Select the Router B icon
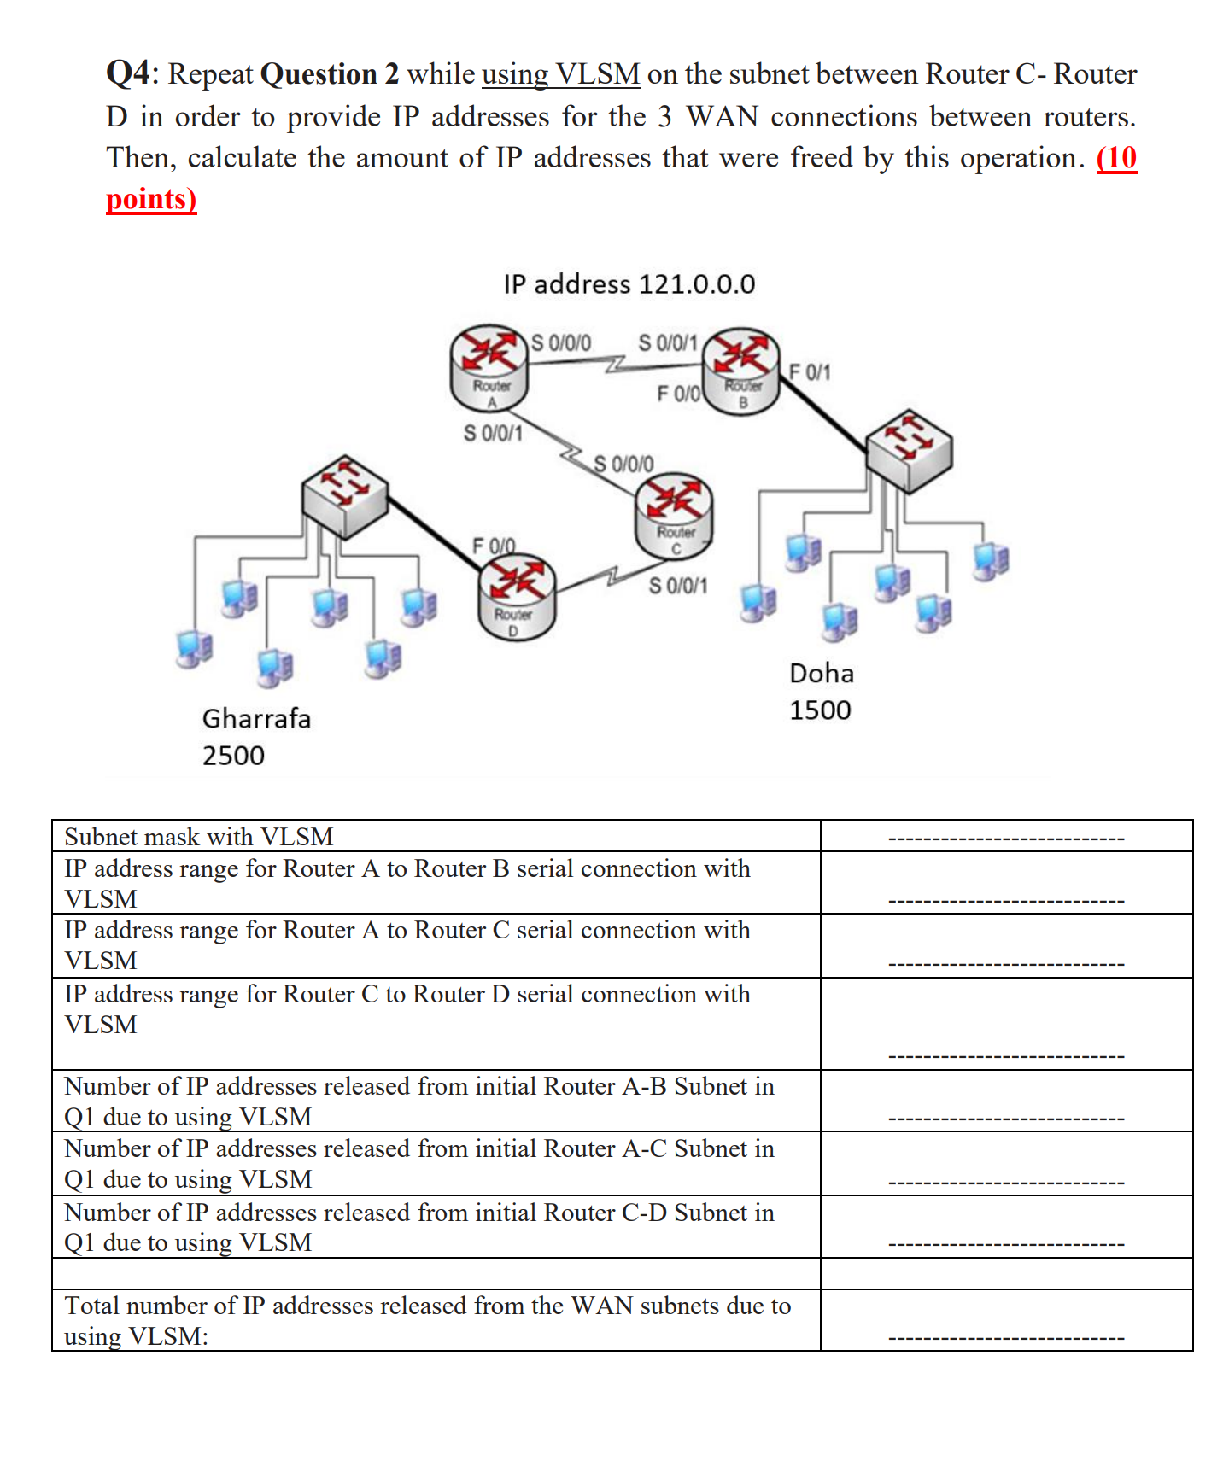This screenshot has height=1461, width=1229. [740, 369]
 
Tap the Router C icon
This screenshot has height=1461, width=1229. [674, 515]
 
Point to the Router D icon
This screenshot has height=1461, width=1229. [517, 597]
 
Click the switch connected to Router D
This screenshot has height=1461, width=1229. [345, 495]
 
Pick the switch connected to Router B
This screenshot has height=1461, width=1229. [909, 450]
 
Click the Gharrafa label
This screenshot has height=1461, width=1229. [256, 718]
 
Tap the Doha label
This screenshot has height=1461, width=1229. [821, 673]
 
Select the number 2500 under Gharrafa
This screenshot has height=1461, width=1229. [233, 755]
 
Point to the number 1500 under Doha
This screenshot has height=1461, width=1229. [820, 710]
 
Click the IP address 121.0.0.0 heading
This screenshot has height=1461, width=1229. [629, 283]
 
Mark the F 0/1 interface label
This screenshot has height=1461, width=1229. [809, 371]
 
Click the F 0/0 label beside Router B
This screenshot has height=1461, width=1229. [678, 394]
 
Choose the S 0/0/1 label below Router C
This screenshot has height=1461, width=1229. [678, 586]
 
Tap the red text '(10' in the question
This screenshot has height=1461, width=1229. [1116, 158]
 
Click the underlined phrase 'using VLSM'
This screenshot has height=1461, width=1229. [561, 74]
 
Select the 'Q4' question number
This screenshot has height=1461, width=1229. [128, 73]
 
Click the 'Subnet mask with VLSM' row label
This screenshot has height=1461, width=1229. [199, 837]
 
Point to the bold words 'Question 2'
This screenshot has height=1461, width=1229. [329, 74]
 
